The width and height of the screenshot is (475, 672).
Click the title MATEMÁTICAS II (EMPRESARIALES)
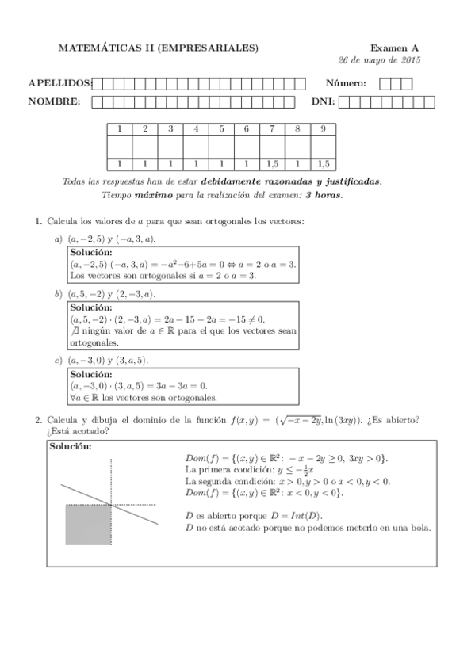point(159,48)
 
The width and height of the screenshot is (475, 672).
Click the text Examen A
point(395,48)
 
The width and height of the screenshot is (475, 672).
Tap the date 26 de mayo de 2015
point(379,61)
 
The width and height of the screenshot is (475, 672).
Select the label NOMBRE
point(54,101)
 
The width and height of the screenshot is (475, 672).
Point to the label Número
point(346,83)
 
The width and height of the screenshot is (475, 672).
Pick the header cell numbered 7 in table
point(272,128)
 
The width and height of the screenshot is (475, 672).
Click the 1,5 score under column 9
point(323,164)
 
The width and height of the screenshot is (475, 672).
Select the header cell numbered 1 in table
point(119,128)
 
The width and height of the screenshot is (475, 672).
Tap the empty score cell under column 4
point(195,147)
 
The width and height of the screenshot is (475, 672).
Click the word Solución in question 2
point(70,447)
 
